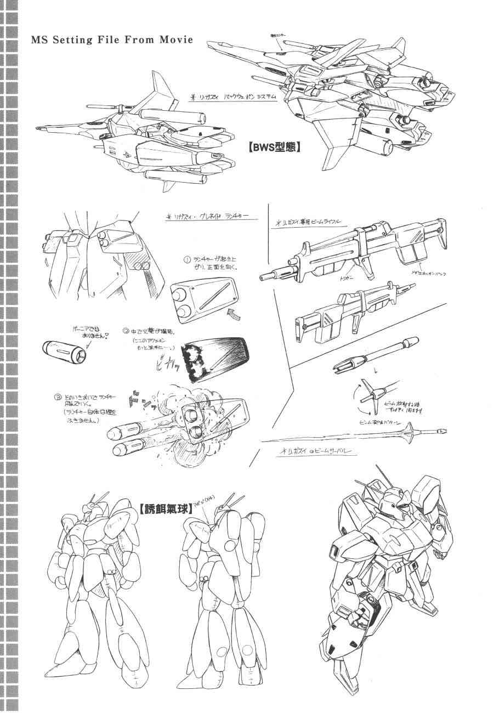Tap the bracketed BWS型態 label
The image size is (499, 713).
click(274, 147)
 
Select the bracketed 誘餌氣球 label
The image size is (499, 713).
click(166, 509)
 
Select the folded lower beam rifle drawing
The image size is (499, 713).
click(351, 314)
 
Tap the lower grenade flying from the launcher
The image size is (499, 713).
click(129, 450)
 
